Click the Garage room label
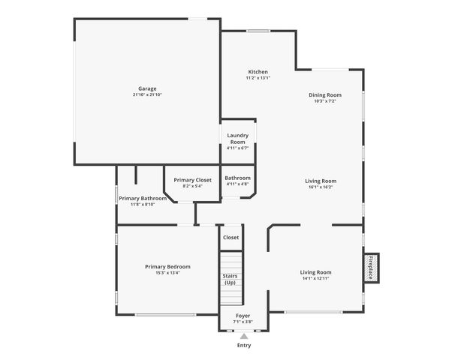coord(147,88)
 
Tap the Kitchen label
coord(258,72)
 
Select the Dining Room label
coord(325,94)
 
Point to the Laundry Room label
coord(237,139)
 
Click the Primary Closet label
coord(192,180)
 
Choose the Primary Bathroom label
coord(143,198)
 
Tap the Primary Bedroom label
coord(167,266)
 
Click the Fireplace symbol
coord(371,268)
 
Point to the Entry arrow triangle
coord(244,336)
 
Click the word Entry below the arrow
coord(244,346)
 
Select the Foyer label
coord(243,316)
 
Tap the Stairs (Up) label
coord(230,279)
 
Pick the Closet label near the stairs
coord(230,237)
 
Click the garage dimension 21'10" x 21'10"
coord(147,94)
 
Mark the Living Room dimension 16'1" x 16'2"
coord(321,187)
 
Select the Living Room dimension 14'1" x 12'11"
coord(315,278)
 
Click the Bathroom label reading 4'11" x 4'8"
coord(237,184)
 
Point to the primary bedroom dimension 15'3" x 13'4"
coord(167,273)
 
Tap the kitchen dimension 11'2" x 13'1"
coord(258,78)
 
